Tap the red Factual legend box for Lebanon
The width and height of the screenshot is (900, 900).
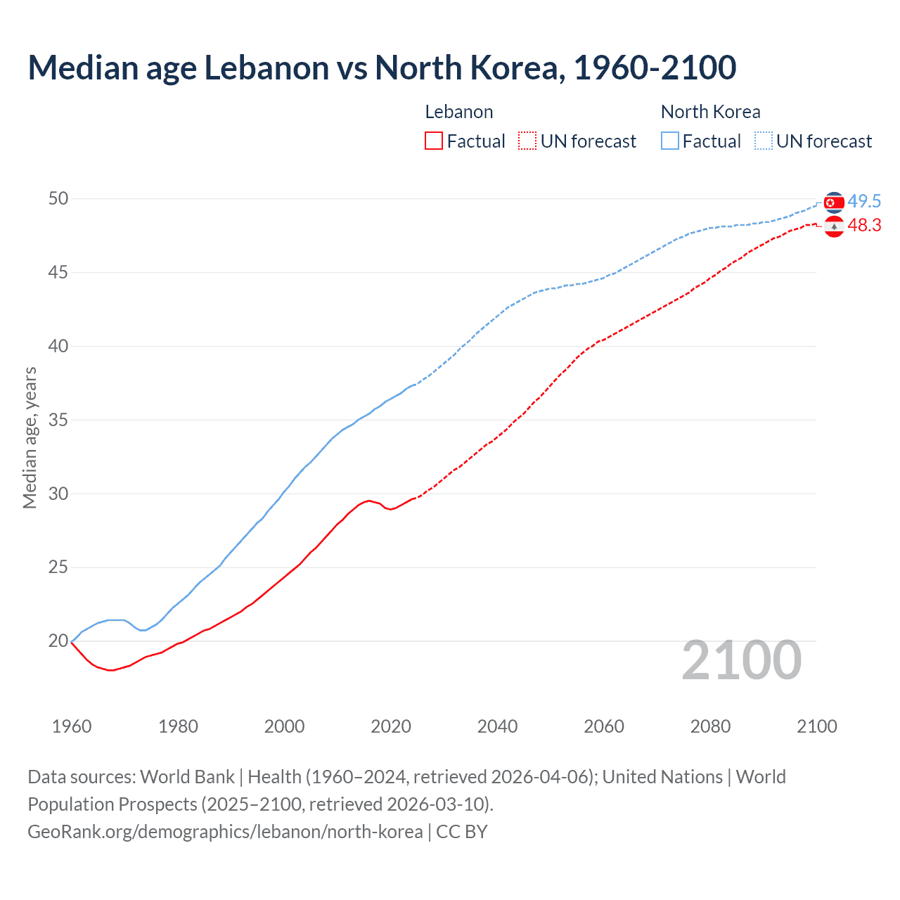pyautogui.click(x=434, y=141)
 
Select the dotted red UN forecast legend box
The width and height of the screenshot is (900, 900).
pyautogui.click(x=527, y=141)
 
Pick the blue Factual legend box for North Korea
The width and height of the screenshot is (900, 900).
pyautogui.click(x=670, y=141)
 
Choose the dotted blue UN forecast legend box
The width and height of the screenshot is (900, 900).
pyautogui.click(x=764, y=141)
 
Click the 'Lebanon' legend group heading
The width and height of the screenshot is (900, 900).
pyautogui.click(x=459, y=112)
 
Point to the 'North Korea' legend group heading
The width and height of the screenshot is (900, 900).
pyautogui.click(x=710, y=112)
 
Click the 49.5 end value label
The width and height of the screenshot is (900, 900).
pyautogui.click(x=864, y=202)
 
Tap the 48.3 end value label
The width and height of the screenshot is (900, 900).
pyautogui.click(x=864, y=226)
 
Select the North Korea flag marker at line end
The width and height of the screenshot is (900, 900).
pyautogui.click(x=834, y=202)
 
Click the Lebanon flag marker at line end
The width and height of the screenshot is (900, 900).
pyautogui.click(x=834, y=226)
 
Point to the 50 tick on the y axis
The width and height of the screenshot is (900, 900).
pyautogui.click(x=58, y=199)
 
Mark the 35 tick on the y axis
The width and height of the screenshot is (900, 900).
pyautogui.click(x=58, y=420)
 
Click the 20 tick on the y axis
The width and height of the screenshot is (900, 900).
pyautogui.click(x=58, y=641)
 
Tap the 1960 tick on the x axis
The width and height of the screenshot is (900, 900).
pyautogui.click(x=72, y=726)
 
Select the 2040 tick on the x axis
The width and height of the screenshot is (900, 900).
pyautogui.click(x=497, y=726)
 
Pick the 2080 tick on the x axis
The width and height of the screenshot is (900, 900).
pyautogui.click(x=710, y=726)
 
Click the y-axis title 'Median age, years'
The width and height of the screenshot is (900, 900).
pyautogui.click(x=30, y=437)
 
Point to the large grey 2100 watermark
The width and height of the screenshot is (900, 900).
pyautogui.click(x=742, y=660)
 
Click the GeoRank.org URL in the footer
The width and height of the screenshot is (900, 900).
pyautogui.click(x=225, y=832)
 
